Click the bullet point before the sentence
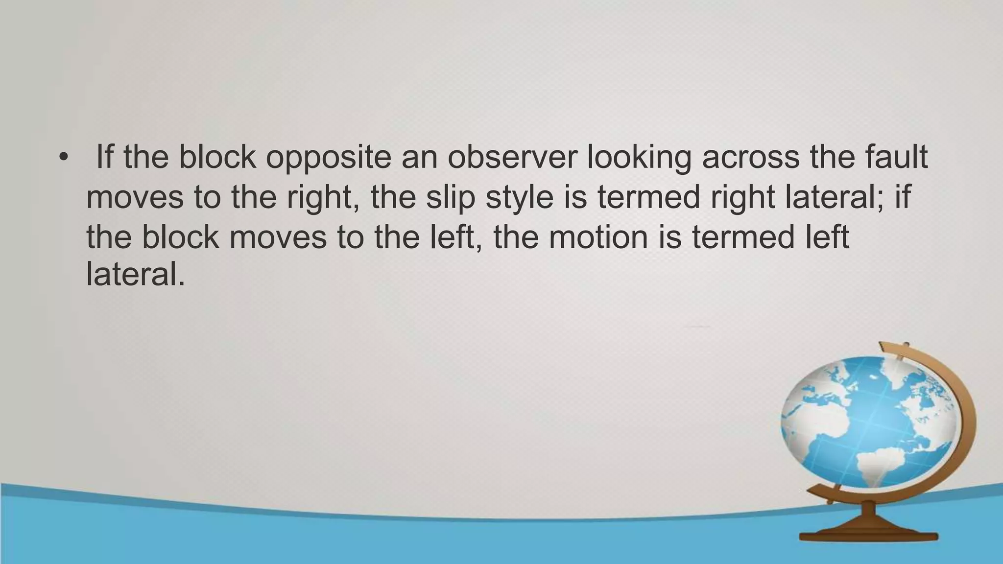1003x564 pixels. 63,158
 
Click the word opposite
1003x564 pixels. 328,158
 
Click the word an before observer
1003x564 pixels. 419,158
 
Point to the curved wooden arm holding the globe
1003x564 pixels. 960,416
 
